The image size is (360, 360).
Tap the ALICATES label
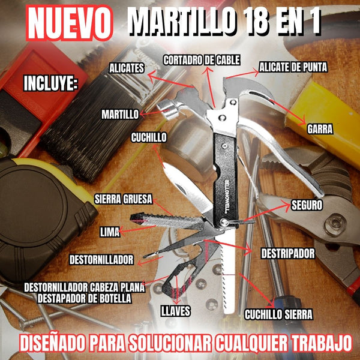tap(127, 68)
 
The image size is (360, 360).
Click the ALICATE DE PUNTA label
tap(293, 67)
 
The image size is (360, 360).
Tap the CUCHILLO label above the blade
tap(149, 137)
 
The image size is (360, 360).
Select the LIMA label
tap(110, 230)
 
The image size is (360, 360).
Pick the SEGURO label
tap(307, 205)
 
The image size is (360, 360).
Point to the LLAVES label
tap(176, 310)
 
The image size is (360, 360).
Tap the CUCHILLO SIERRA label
tap(278, 313)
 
